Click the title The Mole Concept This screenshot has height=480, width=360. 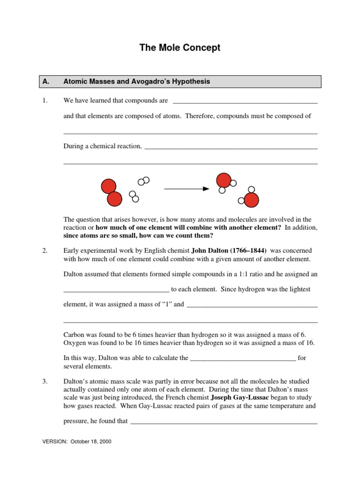180,48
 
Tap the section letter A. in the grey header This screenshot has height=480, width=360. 45,82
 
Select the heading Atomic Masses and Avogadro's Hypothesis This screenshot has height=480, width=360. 136,82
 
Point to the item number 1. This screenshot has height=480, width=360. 45,101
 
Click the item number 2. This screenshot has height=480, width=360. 45,251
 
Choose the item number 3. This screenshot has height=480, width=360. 45,382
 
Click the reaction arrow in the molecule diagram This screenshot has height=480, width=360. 186,189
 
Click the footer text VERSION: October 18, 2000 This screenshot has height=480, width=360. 77,442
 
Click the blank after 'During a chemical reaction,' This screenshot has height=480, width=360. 231,147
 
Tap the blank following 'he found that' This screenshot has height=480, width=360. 224,422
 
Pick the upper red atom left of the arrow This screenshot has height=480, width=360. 109,187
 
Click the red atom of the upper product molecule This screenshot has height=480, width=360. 223,180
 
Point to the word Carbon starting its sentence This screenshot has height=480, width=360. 74,335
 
